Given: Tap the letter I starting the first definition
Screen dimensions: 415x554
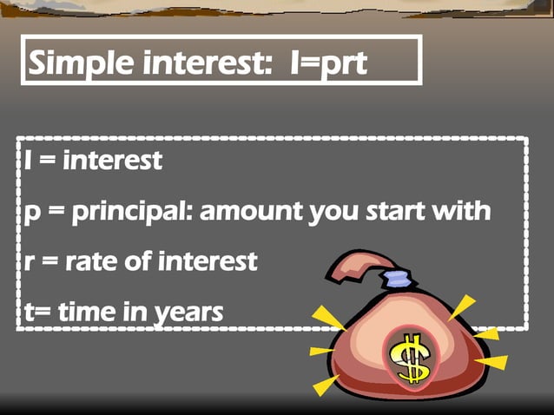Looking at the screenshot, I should coord(21,161).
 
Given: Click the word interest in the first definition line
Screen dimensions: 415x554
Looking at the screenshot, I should coord(112,161).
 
